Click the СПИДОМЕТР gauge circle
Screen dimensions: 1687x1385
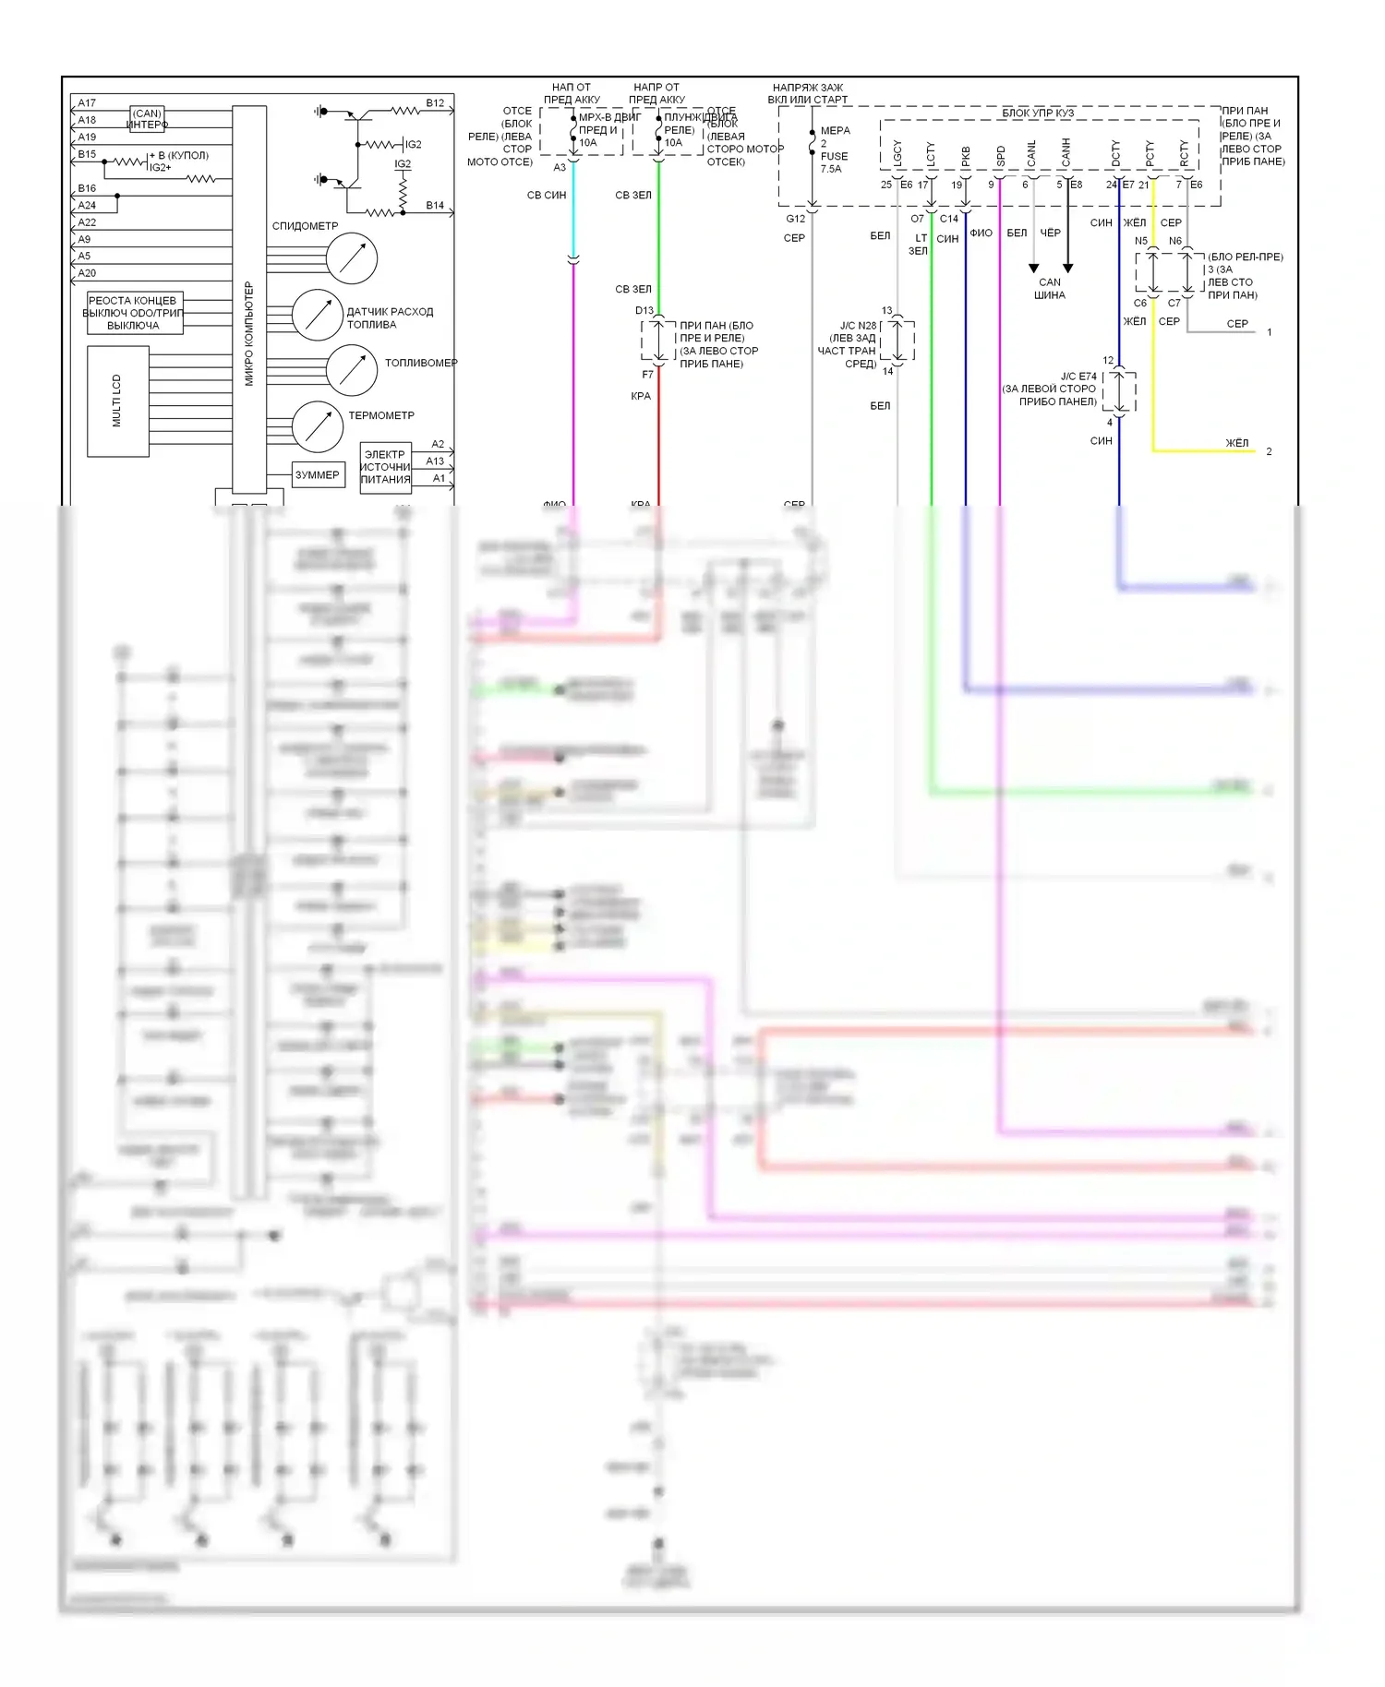pos(352,257)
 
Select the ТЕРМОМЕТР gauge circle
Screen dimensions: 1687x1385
pos(318,426)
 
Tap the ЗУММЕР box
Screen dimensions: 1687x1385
pos(317,475)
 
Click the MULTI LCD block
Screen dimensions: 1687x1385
pos(117,401)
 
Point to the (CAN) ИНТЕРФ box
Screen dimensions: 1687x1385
pos(148,119)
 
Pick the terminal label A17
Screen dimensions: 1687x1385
pos(87,103)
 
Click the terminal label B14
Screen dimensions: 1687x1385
pos(435,205)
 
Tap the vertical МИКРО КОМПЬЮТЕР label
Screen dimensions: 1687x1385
pos(248,334)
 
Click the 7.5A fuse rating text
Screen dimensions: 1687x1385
pos(831,169)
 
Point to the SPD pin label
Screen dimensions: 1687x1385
pos(1000,156)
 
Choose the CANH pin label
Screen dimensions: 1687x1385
pos(1066,153)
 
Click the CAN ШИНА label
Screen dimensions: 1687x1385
pos(1050,289)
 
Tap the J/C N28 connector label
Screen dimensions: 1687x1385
pos(858,326)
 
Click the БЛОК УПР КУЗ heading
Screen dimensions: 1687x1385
pos(1038,114)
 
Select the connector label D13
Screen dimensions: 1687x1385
pos(644,310)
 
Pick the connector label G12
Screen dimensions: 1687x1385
pos(795,219)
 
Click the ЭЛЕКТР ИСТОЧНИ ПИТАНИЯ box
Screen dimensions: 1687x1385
pos(385,467)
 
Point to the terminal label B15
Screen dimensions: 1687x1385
pos(87,155)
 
